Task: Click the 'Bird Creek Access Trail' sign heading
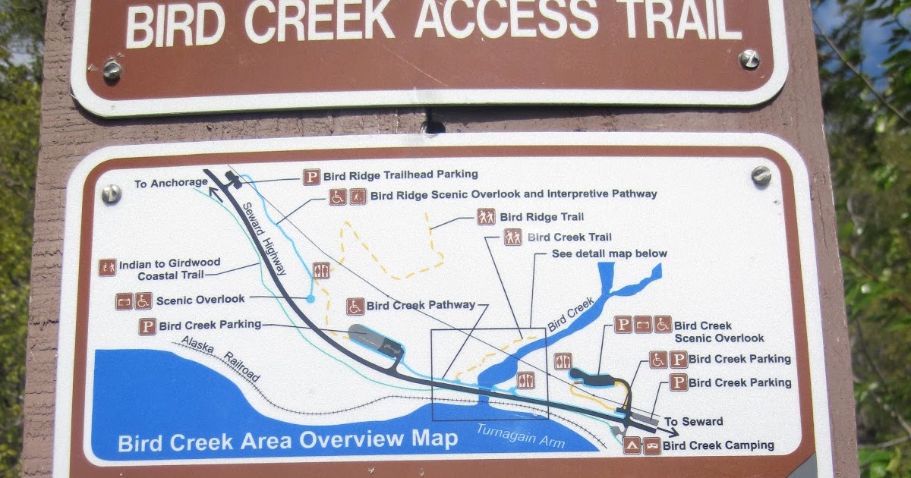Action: click(433, 23)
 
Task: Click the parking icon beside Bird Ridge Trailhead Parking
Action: click(311, 176)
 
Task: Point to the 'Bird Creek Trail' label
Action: click(569, 237)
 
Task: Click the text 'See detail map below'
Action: click(610, 253)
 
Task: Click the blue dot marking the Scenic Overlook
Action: click(310, 300)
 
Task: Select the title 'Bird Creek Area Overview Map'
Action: click(288, 440)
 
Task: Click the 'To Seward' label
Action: click(693, 422)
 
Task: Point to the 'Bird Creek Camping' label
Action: click(718, 445)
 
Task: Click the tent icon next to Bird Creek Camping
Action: click(632, 445)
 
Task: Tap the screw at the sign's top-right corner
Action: click(749, 59)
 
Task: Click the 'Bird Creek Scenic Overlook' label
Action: click(718, 332)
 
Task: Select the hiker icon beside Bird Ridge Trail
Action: click(486, 217)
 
